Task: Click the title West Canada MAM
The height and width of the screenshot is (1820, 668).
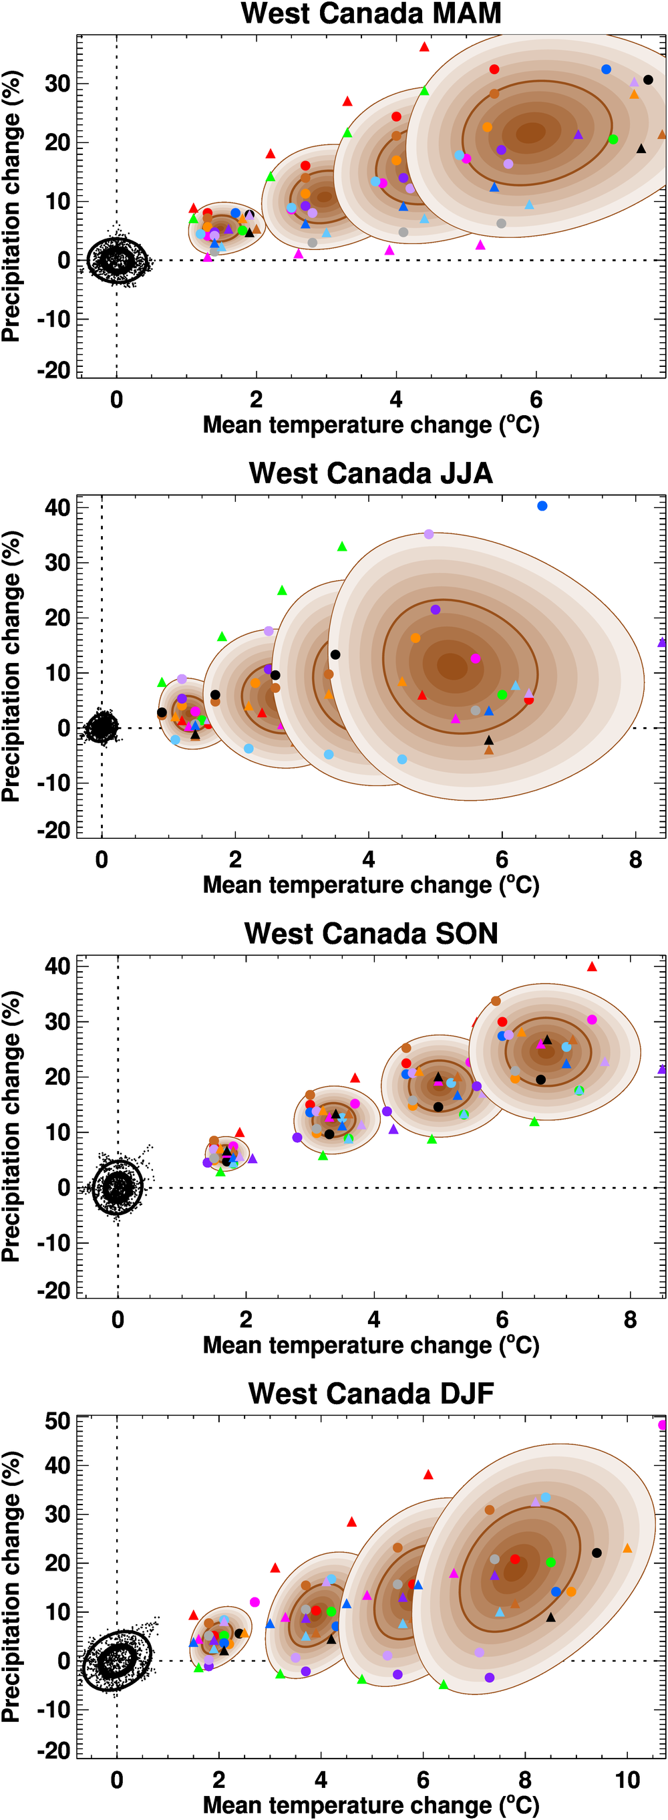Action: [371, 14]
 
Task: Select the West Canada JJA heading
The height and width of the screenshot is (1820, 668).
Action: [371, 473]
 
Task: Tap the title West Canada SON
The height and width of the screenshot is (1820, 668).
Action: [371, 933]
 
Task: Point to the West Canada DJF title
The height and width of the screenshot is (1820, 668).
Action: [371, 1394]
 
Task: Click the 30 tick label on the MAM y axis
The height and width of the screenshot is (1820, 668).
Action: [57, 84]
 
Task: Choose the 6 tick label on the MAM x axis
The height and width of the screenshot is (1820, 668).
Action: [536, 400]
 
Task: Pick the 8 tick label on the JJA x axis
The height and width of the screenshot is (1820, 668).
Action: [635, 860]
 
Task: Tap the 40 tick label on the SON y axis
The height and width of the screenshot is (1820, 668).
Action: [57, 966]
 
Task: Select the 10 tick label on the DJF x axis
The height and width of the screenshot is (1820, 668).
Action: [627, 1780]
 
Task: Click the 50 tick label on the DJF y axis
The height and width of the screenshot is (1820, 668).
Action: [57, 1421]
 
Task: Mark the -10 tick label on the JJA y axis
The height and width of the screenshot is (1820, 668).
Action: [53, 783]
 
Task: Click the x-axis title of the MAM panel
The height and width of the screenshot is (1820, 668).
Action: [371, 425]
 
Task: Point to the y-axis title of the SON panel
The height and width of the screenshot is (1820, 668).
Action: [11, 1126]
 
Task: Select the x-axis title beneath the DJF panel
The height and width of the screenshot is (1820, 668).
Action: [371, 1805]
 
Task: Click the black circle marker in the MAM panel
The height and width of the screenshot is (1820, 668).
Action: [648, 80]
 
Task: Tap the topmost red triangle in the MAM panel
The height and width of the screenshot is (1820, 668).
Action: [424, 47]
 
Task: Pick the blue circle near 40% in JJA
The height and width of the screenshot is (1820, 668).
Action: [542, 506]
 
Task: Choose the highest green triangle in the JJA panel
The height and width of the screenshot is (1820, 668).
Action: [343, 547]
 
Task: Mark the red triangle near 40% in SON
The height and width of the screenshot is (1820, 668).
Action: [593, 966]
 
